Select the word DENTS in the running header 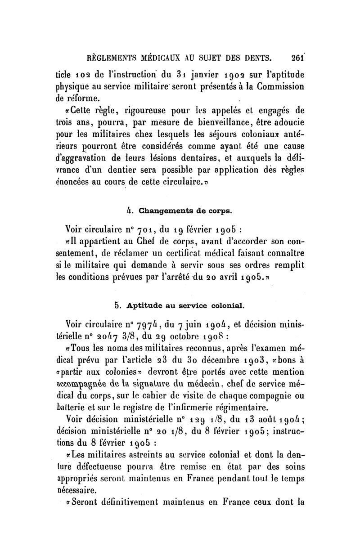(256, 58)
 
